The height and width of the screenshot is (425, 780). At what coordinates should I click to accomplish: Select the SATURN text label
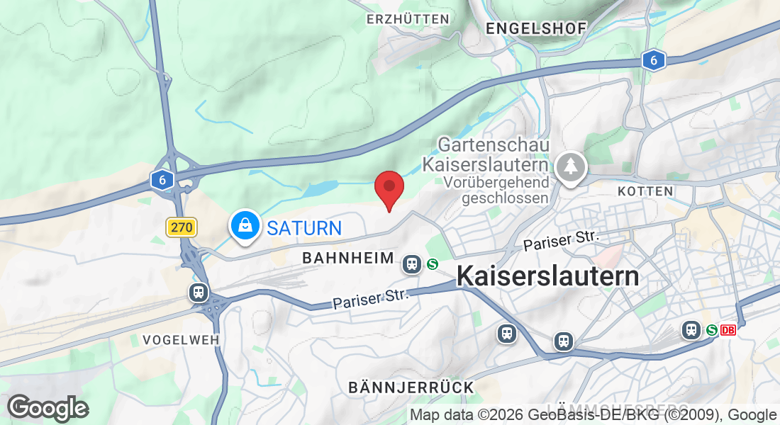tap(304, 228)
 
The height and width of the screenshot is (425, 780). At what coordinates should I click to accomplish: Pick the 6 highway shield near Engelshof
tap(653, 61)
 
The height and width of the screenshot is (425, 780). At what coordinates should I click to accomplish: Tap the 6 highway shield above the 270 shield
tap(162, 180)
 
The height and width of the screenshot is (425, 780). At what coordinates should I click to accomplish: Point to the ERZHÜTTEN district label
tap(408, 19)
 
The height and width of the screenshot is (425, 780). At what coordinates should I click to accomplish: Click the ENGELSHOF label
tap(536, 28)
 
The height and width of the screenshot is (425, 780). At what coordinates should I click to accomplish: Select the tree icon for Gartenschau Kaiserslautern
tap(570, 166)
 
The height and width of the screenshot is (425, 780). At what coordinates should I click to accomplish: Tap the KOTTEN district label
tap(645, 191)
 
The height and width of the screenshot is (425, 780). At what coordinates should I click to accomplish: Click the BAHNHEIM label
tap(347, 259)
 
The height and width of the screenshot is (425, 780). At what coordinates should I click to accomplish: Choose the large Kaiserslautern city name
tap(547, 276)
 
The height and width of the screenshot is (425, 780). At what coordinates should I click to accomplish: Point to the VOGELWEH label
tap(181, 340)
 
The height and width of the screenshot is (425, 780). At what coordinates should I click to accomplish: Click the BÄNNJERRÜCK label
tap(411, 387)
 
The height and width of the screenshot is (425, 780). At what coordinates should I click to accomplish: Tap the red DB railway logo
tap(728, 330)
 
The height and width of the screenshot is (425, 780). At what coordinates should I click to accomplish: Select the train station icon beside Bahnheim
tap(411, 264)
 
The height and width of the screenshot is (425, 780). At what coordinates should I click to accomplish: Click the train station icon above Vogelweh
tap(199, 292)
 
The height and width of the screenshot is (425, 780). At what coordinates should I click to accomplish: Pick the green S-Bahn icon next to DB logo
tap(711, 330)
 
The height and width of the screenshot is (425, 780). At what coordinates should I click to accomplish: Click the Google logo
tap(48, 408)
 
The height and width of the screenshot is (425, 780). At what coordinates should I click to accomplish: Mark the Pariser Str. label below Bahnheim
tap(371, 299)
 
